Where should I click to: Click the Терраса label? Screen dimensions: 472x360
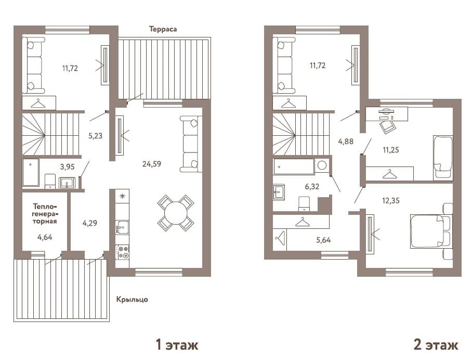(x=163, y=29)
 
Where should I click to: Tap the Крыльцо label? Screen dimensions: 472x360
(x=132, y=300)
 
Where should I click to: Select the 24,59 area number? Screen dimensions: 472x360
(x=152, y=164)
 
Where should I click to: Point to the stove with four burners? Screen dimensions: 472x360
(x=123, y=252)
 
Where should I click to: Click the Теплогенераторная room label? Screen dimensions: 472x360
(x=45, y=214)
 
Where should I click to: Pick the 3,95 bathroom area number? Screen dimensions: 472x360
(x=67, y=166)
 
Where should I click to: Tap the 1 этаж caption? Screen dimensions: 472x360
(x=177, y=344)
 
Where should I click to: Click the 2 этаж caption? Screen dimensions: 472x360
(x=436, y=344)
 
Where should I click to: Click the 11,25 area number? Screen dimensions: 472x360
(x=391, y=150)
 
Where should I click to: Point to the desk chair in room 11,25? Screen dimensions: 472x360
(x=387, y=126)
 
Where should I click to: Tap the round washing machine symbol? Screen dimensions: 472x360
(x=322, y=166)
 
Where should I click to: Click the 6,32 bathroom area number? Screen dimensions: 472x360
(x=312, y=187)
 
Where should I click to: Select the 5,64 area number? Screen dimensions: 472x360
(x=323, y=240)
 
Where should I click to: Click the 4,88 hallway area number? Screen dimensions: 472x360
(x=346, y=142)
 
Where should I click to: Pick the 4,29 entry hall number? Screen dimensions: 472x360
(x=90, y=223)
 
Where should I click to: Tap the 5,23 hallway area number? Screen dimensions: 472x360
(x=95, y=136)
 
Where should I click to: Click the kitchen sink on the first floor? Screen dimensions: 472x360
(x=123, y=227)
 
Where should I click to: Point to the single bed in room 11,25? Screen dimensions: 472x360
(x=443, y=158)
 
